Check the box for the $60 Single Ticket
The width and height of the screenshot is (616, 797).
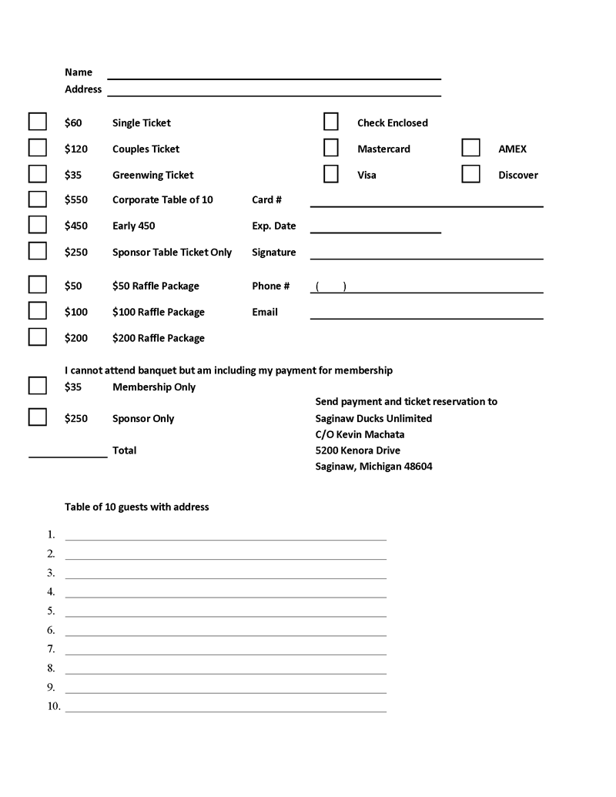(x=37, y=122)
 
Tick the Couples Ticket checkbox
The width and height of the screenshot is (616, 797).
(x=37, y=148)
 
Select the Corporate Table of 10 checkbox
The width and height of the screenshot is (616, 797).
(x=37, y=199)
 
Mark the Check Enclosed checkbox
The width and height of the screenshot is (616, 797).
(x=331, y=122)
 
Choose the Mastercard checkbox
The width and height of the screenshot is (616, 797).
(x=331, y=148)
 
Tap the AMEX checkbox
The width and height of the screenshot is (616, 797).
(x=470, y=148)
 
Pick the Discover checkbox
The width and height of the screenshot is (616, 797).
(x=470, y=174)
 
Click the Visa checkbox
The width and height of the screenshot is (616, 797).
(x=331, y=174)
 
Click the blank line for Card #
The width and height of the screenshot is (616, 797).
(x=427, y=205)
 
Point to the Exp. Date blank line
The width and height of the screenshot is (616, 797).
(x=375, y=231)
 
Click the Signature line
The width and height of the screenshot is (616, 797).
(x=427, y=257)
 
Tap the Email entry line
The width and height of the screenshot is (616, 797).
(x=427, y=316)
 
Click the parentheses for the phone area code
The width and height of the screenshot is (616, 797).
(x=330, y=287)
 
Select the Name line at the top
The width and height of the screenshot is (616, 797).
(x=273, y=77)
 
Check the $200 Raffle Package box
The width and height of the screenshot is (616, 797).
(x=37, y=337)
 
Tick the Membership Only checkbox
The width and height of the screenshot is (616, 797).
(x=37, y=386)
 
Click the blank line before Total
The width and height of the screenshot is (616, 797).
(x=68, y=455)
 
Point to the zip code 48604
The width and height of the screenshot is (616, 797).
(x=417, y=467)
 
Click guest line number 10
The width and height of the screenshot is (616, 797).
(x=226, y=709)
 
